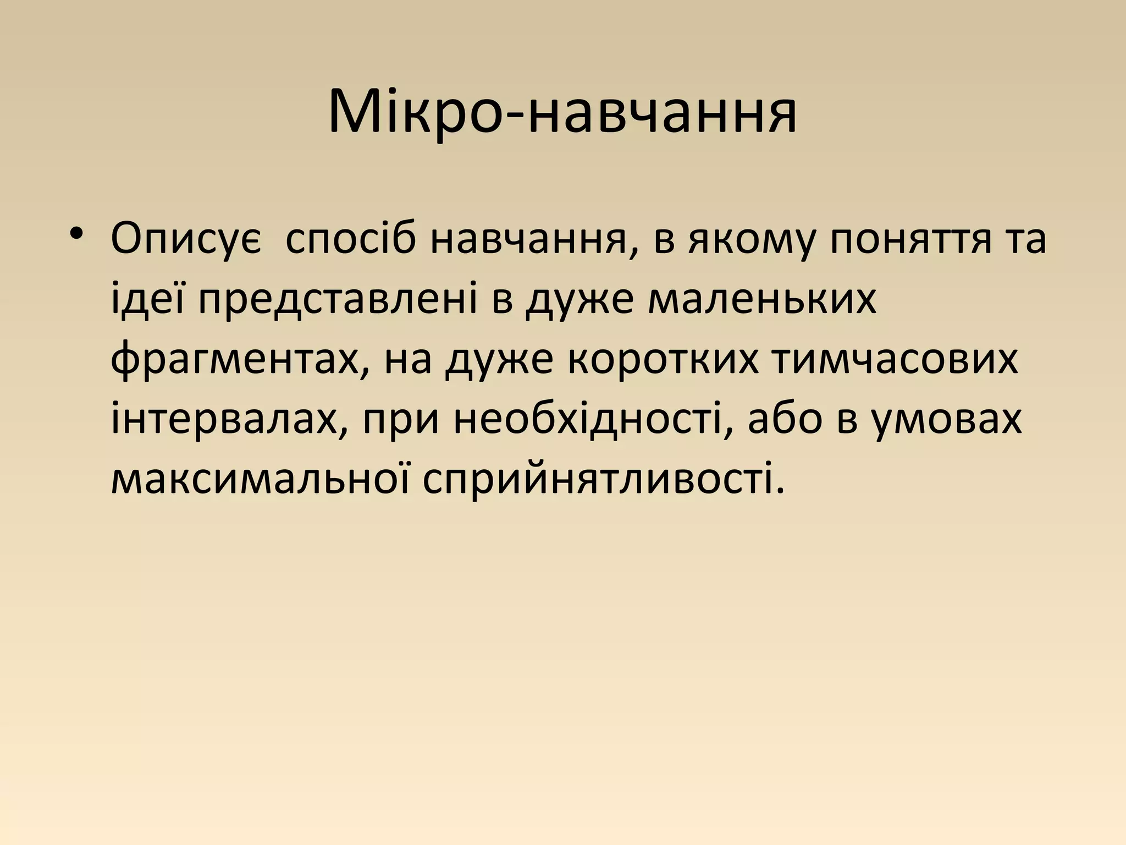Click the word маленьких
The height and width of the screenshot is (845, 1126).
[762, 300]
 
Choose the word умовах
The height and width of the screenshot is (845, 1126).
[948, 421]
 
